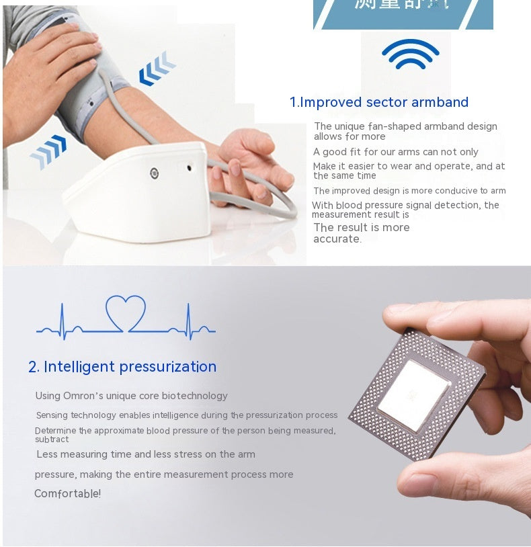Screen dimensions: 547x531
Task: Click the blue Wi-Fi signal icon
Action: pyautogui.click(x=410, y=54)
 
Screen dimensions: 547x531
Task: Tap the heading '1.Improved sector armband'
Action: pyautogui.click(x=378, y=102)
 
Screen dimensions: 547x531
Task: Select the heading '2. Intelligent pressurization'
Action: pyautogui.click(x=122, y=367)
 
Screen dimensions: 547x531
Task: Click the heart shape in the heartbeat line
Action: pyautogui.click(x=126, y=312)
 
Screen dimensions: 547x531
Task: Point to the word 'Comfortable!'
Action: pyautogui.click(x=67, y=494)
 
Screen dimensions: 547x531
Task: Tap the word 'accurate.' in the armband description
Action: pyautogui.click(x=337, y=239)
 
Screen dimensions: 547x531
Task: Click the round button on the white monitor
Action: pyautogui.click(x=154, y=173)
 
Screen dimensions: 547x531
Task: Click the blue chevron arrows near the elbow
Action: pyautogui.click(x=157, y=69)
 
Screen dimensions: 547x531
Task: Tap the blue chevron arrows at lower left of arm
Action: pyautogui.click(x=48, y=151)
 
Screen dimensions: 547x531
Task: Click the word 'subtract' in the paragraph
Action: pyautogui.click(x=52, y=439)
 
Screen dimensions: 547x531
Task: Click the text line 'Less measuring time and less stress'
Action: pyautogui.click(x=145, y=454)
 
